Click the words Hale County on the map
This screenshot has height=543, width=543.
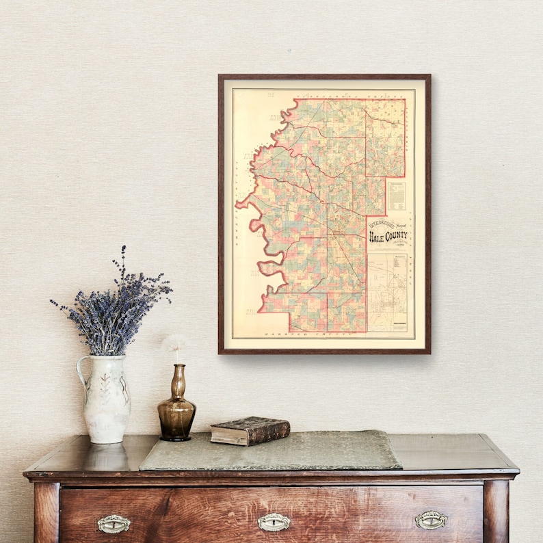tap(388, 237)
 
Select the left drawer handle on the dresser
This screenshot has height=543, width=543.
tap(114, 524)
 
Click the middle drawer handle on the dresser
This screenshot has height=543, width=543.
tap(274, 522)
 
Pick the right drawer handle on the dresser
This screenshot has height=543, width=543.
tap(431, 520)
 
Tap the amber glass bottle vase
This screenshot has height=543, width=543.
tap(176, 408)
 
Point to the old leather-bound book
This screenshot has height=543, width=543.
tap(250, 430)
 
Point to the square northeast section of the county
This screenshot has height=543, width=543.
tap(385, 137)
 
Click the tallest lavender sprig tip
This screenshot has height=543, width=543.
tap(124, 248)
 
